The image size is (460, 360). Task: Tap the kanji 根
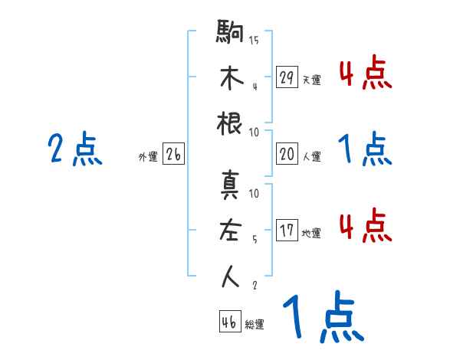point(231,123)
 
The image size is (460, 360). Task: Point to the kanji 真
point(231,186)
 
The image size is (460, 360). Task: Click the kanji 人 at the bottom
point(231,277)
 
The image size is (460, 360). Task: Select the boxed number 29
point(287,77)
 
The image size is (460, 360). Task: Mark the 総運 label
point(255,324)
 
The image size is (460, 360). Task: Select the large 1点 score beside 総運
point(322,318)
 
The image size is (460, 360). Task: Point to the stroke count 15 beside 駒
point(254,41)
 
